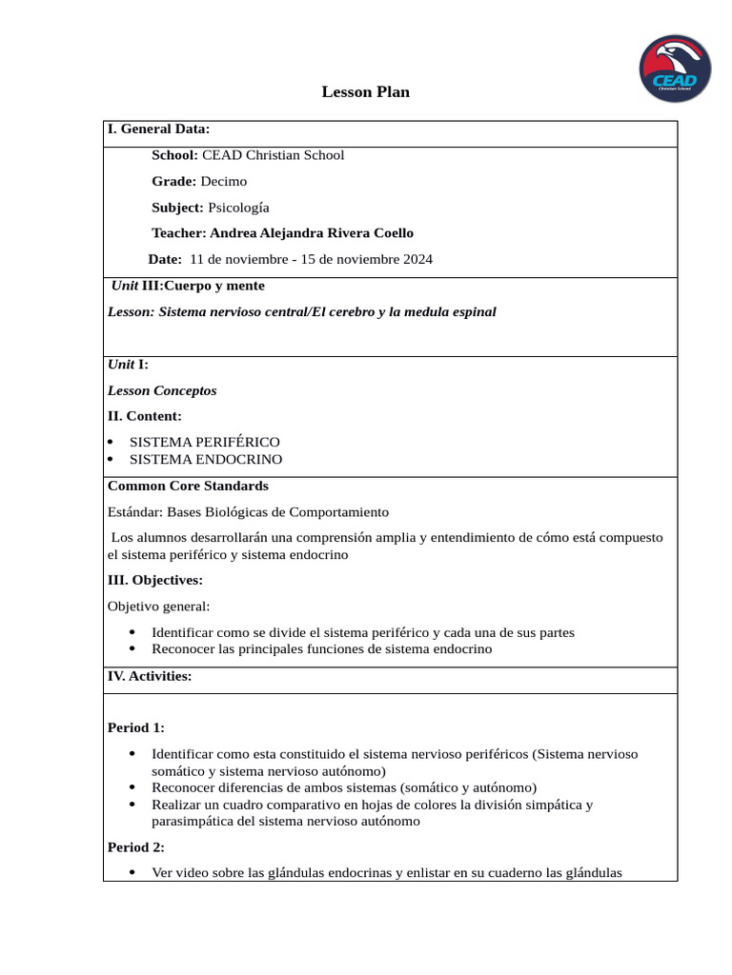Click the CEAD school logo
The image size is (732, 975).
674,70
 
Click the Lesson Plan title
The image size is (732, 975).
365,92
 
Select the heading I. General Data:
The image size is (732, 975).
158,129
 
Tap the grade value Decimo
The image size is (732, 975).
223,181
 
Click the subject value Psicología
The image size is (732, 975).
238,207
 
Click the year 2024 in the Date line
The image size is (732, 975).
417,259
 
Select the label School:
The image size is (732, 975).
174,155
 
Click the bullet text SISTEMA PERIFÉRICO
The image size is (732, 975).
204,442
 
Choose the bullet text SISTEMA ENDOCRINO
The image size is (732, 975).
205,459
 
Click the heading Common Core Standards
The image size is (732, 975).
188,486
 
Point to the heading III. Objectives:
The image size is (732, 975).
154,579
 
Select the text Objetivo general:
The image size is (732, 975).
158,606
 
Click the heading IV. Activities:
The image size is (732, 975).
150,676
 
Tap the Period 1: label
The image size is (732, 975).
135,727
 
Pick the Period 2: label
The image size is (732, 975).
135,846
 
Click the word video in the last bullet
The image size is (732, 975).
192,872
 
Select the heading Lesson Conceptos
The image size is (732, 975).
162,390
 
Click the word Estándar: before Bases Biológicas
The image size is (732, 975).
135,512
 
